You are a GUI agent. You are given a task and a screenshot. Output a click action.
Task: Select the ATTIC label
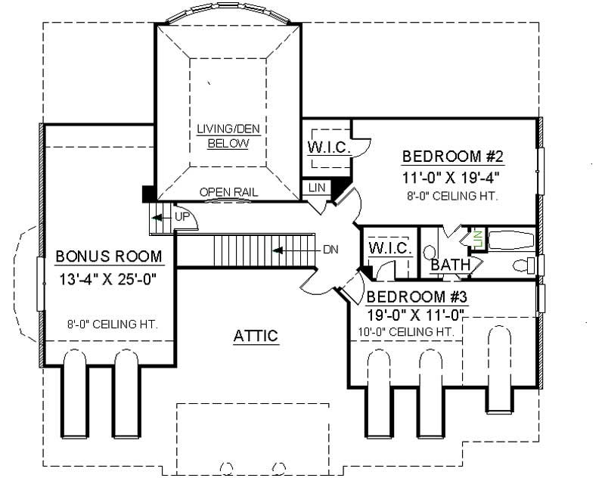tap(255, 336)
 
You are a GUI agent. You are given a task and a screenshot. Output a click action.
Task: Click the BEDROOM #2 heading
tap(452, 157)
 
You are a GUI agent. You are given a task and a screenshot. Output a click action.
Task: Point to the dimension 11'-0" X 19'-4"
tap(452, 178)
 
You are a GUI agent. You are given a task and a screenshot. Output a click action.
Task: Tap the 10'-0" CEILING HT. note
tap(406, 331)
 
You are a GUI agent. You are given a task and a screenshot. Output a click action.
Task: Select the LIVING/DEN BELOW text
tap(228, 136)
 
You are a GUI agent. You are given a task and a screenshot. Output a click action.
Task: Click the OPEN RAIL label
tap(228, 192)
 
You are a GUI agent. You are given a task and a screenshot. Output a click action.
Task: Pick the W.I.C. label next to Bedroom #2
tap(329, 147)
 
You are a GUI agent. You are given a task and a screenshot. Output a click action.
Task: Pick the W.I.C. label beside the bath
tap(389, 248)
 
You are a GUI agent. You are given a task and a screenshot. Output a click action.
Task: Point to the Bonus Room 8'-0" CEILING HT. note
tap(111, 324)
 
